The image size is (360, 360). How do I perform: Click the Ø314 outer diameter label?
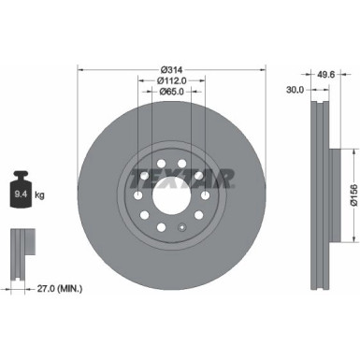pyautogui.click(x=172, y=69)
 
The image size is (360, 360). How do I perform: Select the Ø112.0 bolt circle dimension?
pyautogui.click(x=173, y=80)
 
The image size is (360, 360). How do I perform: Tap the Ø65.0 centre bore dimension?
pyautogui.click(x=172, y=92)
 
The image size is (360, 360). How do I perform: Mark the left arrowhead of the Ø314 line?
pyautogui.click(x=81, y=69)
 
